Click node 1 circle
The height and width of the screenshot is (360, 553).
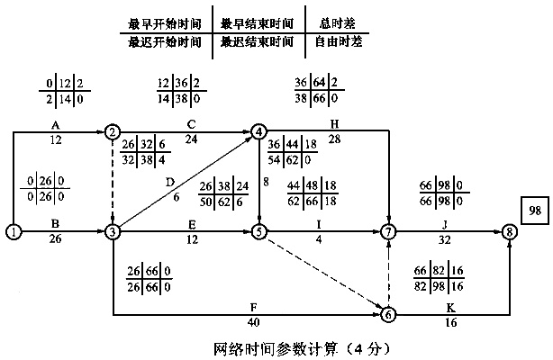(14, 232)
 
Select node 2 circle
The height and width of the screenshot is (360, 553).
(113, 131)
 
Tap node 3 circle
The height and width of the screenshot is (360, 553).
(113, 232)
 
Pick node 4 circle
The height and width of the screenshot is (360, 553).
(260, 131)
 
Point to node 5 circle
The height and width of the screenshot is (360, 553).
(260, 232)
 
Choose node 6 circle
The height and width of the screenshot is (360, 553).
(388, 315)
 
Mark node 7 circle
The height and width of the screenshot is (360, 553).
(388, 232)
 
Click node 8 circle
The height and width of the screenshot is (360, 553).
(512, 232)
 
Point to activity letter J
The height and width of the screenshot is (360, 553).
(444, 226)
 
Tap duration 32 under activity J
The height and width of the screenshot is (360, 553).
(444, 241)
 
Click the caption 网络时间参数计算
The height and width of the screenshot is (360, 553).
(257, 345)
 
